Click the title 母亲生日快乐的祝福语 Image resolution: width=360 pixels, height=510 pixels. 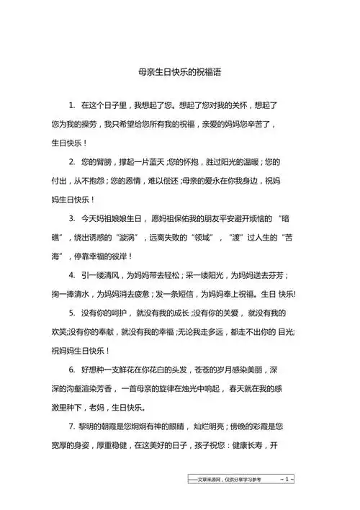pos(179,72)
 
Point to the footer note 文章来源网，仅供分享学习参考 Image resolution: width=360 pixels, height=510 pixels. pos(225,480)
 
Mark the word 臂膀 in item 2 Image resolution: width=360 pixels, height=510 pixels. pos(104,161)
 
